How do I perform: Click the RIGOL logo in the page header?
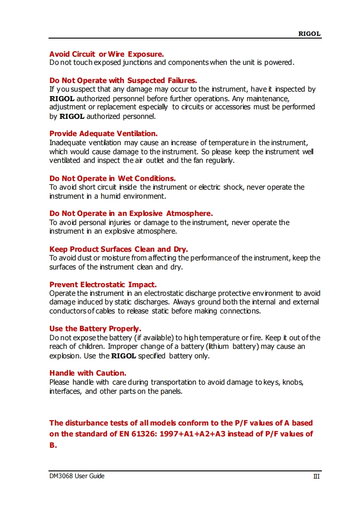(309, 34)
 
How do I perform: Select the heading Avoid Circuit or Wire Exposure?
(107, 54)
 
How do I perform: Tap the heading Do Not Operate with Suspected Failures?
(123, 80)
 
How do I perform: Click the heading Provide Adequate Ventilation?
(103, 133)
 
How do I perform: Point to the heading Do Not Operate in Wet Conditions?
(112, 178)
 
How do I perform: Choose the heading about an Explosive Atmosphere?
(131, 213)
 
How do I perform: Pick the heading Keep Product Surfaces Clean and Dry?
(118, 249)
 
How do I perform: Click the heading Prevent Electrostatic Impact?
(103, 284)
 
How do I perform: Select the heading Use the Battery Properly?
(95, 328)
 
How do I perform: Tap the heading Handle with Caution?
(88, 373)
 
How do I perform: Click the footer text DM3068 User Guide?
(77, 476)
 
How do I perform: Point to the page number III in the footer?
(316, 476)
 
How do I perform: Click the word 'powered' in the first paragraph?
(280, 63)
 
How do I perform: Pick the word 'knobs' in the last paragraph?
(292, 382)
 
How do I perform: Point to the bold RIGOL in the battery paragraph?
(124, 356)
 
